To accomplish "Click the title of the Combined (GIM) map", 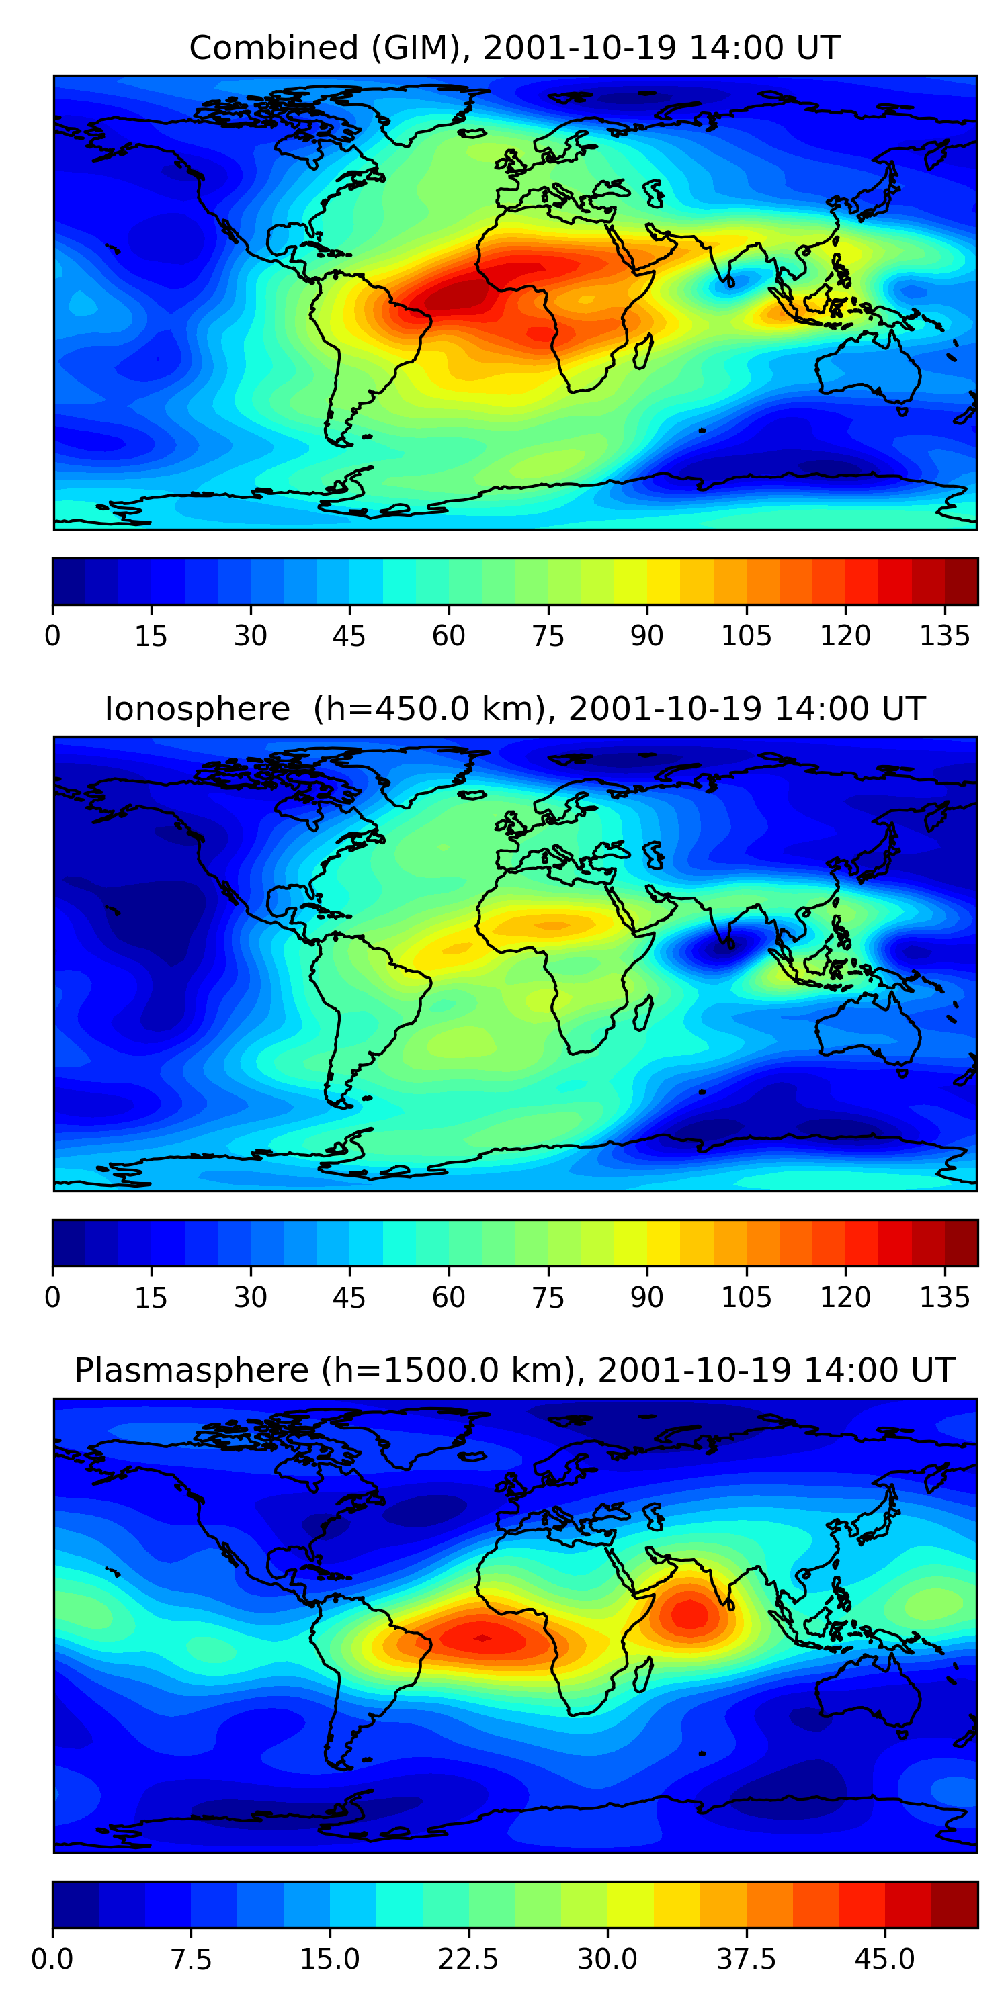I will pos(514,48).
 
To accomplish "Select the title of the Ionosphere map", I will pos(514,709).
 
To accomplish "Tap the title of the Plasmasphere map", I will pos(514,1370).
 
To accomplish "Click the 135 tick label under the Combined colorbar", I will pos(945,636).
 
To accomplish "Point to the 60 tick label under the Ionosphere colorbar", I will pos(448,1297).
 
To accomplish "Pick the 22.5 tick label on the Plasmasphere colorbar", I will pos(468,1959).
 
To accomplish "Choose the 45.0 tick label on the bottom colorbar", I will pos(884,1959).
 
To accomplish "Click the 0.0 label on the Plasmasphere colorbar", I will pos(52,1959).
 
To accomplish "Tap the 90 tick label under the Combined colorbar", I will pos(647,636).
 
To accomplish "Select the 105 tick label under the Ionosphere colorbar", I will pos(746,1297).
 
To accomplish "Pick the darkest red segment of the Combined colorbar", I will pos(961,581).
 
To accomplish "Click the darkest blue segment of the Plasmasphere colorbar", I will pos(75,1904).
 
